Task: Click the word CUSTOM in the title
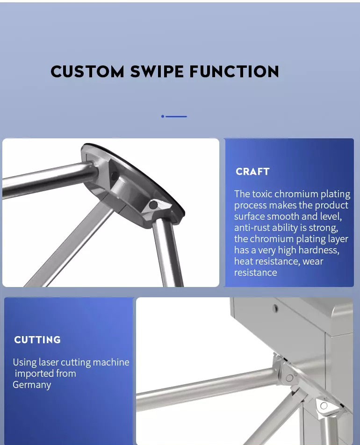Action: (x=87, y=72)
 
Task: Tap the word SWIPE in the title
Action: (x=157, y=72)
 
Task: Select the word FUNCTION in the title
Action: (x=234, y=72)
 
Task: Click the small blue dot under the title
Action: (x=163, y=116)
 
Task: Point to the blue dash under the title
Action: (x=176, y=116)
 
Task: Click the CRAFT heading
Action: (x=252, y=172)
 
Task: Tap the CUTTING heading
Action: (x=37, y=340)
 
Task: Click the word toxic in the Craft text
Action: (x=262, y=194)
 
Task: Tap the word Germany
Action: (x=32, y=385)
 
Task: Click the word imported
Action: (x=34, y=374)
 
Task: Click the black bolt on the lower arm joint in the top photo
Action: (x=154, y=205)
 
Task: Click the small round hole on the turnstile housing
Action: (x=275, y=308)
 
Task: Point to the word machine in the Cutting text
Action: (x=111, y=362)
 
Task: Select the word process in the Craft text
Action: (x=250, y=206)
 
